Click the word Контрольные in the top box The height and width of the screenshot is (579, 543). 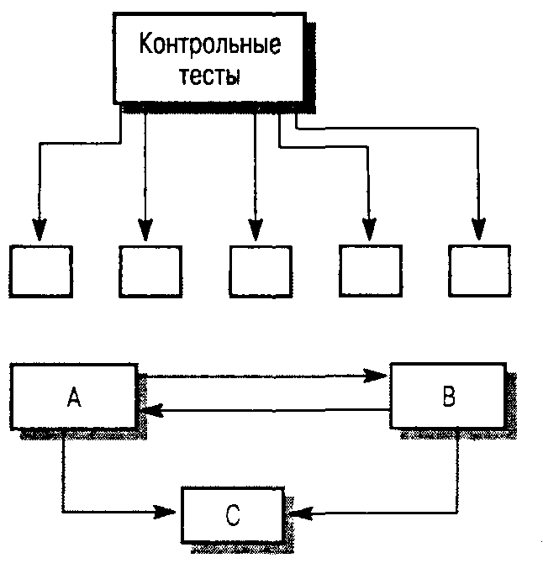[x=209, y=45]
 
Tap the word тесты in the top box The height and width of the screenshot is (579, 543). [x=210, y=76]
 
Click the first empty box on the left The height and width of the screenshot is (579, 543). [x=40, y=271]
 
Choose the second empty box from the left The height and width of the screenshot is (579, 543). [x=150, y=271]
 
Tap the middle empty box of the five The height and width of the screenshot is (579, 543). [x=261, y=271]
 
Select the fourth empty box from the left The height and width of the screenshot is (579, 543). [x=371, y=271]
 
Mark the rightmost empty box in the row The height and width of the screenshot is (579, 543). [x=480, y=271]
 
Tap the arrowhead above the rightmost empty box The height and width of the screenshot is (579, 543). [x=478, y=229]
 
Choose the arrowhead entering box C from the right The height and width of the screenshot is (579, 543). [x=297, y=510]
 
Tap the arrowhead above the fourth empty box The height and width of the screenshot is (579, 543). [x=368, y=229]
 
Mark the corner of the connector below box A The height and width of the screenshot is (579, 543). [x=63, y=510]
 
